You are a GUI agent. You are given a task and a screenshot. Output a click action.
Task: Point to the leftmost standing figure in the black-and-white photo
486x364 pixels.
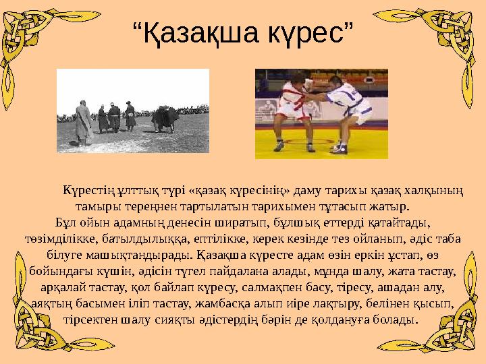click(83, 123)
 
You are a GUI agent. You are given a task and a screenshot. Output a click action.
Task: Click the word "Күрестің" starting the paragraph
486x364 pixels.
click(87, 191)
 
